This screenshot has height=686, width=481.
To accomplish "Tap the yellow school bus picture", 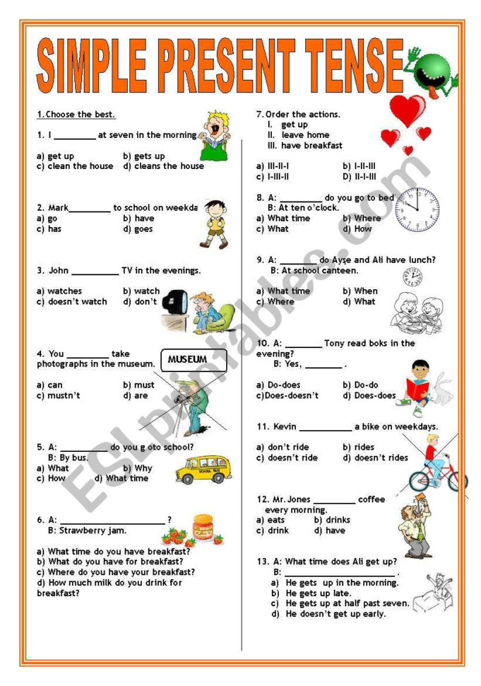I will point(203,470).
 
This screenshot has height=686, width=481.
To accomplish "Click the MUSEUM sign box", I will point(194,360).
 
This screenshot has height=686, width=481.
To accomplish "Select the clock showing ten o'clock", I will point(416,211).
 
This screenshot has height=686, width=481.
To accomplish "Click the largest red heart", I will point(408,110).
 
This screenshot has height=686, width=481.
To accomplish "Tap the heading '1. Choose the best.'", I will point(76,115).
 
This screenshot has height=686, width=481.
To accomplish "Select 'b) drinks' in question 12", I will point(332,520).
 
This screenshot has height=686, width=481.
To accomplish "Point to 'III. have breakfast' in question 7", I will point(304,145).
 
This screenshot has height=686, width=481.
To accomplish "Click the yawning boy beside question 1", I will point(213,135).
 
